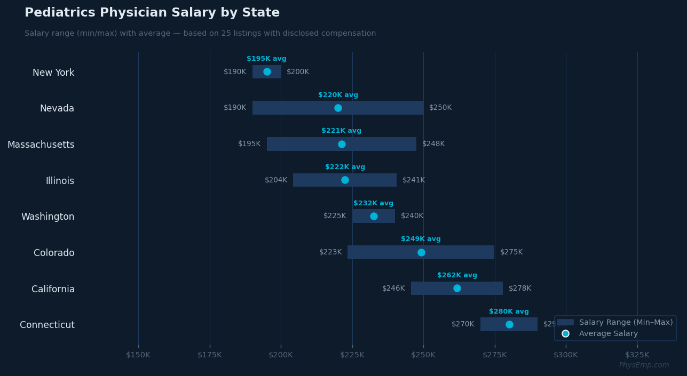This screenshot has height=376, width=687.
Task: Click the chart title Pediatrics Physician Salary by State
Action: pyautogui.click(x=152, y=13)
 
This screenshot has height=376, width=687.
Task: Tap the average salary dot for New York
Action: pyautogui.click(x=267, y=72)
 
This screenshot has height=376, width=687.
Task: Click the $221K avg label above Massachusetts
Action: pyautogui.click(x=341, y=131)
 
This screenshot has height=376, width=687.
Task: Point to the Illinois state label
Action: pyautogui.click(x=60, y=181)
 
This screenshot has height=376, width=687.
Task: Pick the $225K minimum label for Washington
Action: pyautogui.click(x=335, y=216)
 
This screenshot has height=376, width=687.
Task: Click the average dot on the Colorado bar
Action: pyautogui.click(x=421, y=252)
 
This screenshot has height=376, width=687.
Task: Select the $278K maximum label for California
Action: pyautogui.click(x=520, y=289)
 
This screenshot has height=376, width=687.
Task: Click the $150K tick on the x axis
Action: pyautogui.click(x=138, y=355)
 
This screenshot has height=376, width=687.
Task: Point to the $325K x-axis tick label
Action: pyautogui.click(x=637, y=355)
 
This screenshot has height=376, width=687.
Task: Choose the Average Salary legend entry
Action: pyautogui.click(x=608, y=334)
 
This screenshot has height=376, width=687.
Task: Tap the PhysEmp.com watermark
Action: pyautogui.click(x=644, y=365)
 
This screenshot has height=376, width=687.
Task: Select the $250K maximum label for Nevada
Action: pyautogui.click(x=440, y=108)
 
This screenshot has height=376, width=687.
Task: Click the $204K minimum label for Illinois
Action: pyautogui.click(x=276, y=180)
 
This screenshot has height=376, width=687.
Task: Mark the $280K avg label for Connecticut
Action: pyautogui.click(x=509, y=312)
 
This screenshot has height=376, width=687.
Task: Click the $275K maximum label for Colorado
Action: pyautogui.click(x=511, y=252)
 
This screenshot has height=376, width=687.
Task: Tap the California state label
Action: pyautogui.click(x=53, y=289)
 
